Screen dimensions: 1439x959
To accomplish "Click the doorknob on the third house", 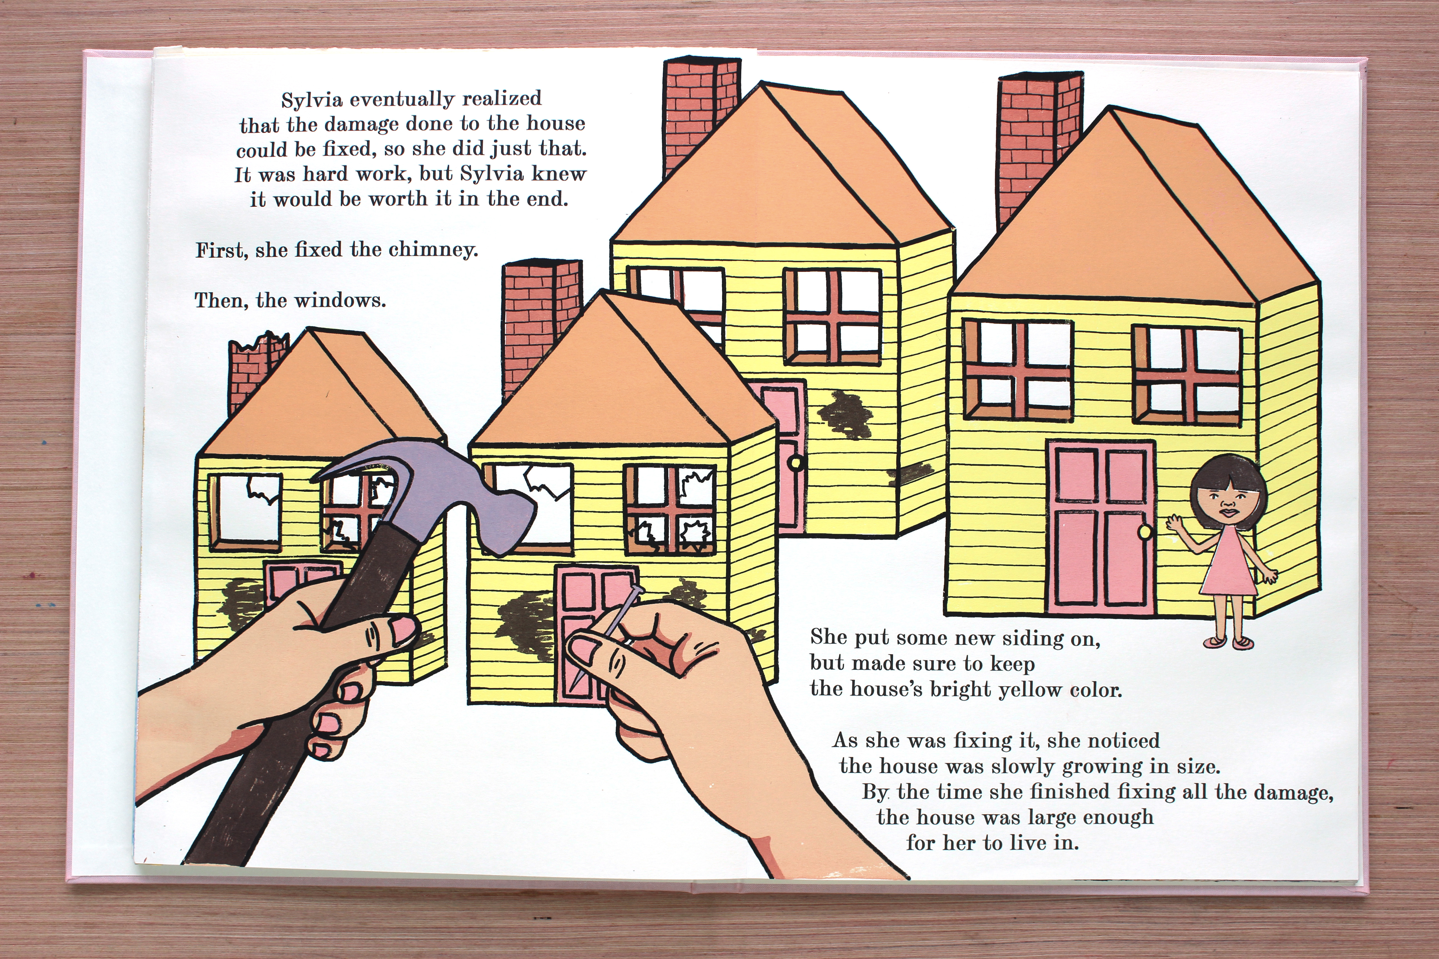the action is [x=796, y=463].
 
